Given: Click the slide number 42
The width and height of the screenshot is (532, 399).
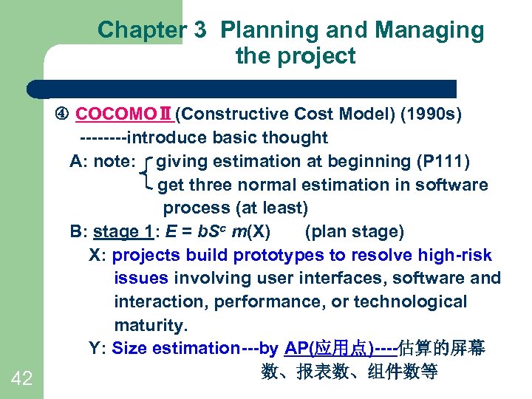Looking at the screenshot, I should pyautogui.click(x=22, y=379).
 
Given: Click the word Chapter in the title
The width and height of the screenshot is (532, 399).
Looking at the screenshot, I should pyautogui.click(x=141, y=30).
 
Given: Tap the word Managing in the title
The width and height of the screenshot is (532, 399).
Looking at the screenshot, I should pyautogui.click(x=429, y=30).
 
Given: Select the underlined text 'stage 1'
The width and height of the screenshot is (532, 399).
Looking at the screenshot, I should pyautogui.click(x=123, y=232).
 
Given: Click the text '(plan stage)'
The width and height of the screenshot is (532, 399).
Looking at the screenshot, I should pyautogui.click(x=354, y=232).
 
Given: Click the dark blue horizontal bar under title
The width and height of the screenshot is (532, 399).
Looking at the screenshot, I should pyautogui.click(x=244, y=89).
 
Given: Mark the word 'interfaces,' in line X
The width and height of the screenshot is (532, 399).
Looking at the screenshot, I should pyautogui.click(x=340, y=279).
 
